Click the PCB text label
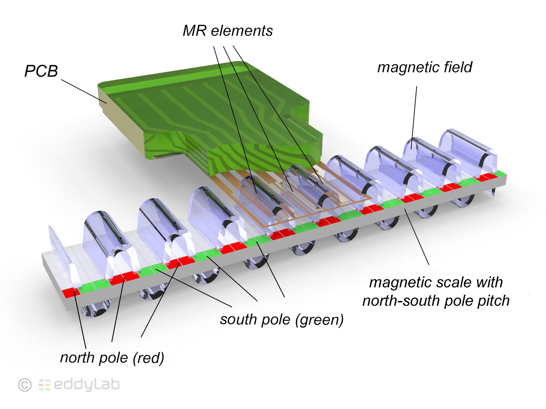41,71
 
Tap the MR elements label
228,31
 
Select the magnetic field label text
425,67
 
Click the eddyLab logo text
87,384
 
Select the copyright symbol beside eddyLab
25,385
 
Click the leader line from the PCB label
84,91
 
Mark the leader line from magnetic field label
414,118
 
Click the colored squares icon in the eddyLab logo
44,385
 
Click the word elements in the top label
242,31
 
